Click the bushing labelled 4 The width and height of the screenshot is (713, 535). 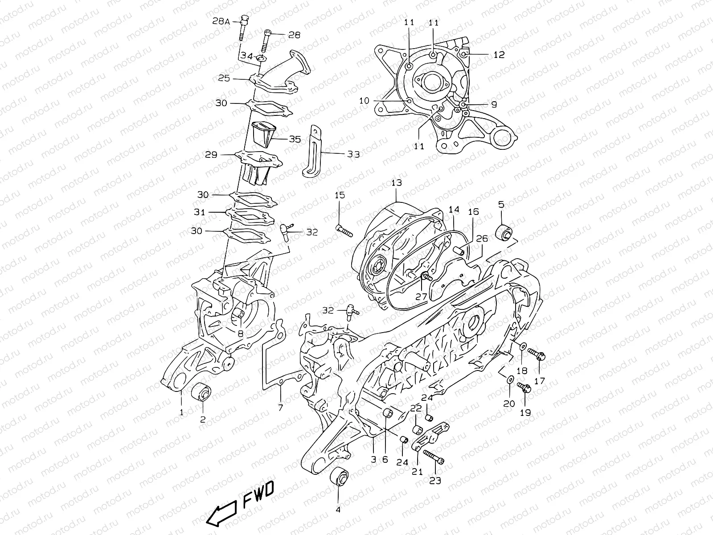(x=339, y=480)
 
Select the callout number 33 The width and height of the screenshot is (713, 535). (x=353, y=154)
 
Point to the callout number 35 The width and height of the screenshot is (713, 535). (x=295, y=139)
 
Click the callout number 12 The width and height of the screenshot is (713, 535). (x=499, y=54)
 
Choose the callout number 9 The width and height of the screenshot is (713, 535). (x=494, y=104)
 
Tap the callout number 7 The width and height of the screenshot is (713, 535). (x=280, y=407)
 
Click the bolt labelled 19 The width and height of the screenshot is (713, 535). (x=523, y=388)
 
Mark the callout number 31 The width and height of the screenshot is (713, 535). (x=200, y=212)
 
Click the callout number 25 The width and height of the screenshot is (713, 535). (x=236, y=78)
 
